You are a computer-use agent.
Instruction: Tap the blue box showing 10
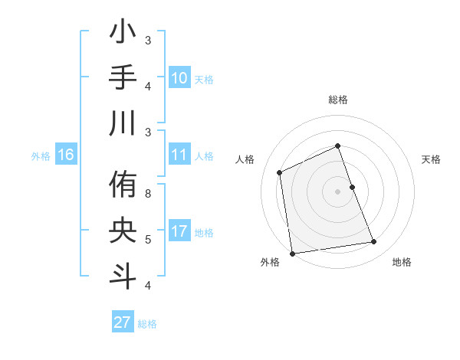(179, 78)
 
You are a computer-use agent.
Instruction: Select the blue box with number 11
(179, 155)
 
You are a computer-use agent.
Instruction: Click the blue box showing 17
(179, 232)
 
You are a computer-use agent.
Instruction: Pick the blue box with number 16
(65, 155)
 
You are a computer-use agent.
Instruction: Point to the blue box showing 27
(122, 322)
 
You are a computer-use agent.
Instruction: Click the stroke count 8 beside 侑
(148, 194)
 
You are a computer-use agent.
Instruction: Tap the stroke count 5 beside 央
(148, 240)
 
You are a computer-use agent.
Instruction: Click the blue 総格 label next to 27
(147, 324)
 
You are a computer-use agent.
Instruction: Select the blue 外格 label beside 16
(41, 156)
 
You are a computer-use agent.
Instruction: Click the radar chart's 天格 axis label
(432, 159)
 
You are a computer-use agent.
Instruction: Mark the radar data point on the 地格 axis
(374, 242)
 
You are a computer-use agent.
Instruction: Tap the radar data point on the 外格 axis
(292, 253)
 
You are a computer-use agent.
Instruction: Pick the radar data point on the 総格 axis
(337, 146)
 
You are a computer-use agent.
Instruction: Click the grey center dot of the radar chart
(337, 191)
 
